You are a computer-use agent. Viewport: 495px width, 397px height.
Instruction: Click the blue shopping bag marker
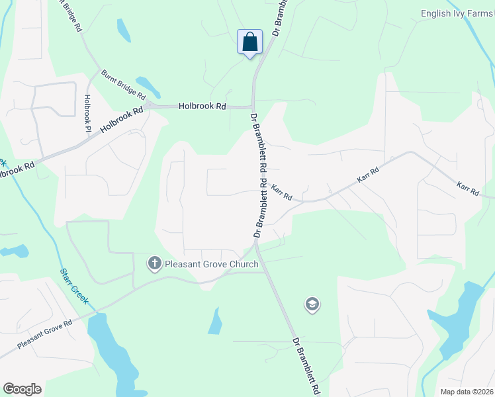249,42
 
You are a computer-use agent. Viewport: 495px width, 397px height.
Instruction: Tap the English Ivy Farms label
457,13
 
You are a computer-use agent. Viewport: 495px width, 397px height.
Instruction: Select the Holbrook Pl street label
87,113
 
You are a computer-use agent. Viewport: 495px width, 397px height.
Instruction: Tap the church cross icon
155,265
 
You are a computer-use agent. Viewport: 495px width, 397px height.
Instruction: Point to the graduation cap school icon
311,304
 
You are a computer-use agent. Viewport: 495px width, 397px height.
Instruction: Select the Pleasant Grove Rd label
45,335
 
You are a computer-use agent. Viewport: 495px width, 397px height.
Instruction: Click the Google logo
22,389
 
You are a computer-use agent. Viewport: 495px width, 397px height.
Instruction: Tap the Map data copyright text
467,392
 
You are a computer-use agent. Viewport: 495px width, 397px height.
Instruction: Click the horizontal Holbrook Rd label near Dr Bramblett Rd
202,106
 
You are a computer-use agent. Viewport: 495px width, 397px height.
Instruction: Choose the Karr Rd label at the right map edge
468,189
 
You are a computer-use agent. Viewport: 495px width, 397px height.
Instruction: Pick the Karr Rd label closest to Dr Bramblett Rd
281,193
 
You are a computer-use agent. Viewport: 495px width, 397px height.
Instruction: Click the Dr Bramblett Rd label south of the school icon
307,365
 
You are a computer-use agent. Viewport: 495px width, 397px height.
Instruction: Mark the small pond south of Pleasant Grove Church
215,322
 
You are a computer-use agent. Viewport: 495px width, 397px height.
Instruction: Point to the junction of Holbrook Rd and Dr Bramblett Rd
252,107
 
